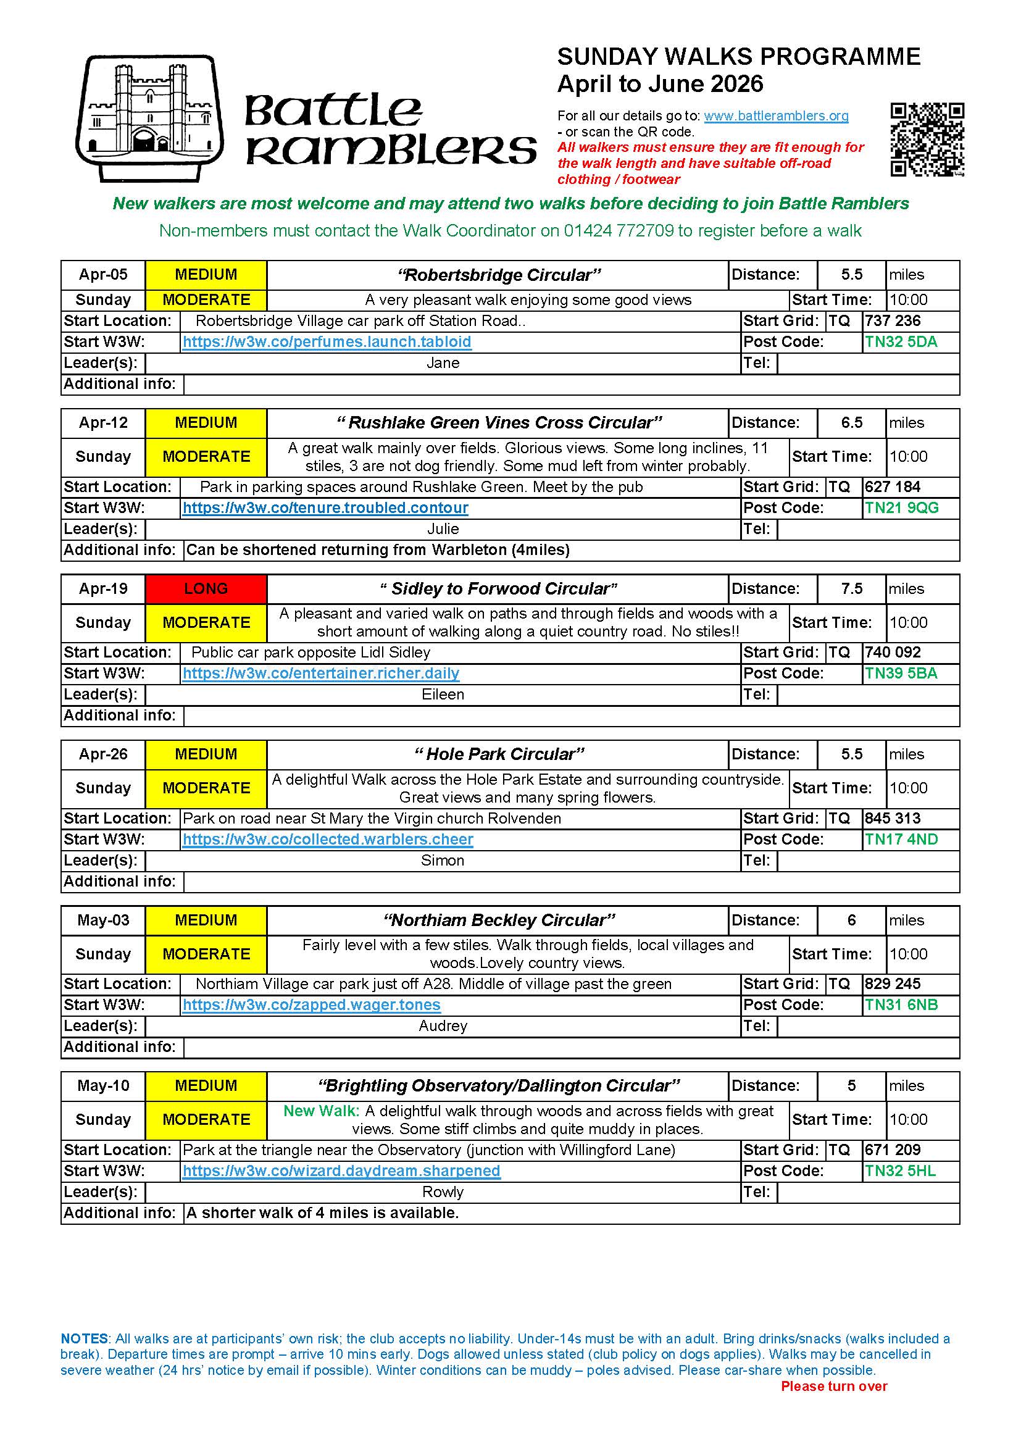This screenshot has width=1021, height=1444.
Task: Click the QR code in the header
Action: point(927,140)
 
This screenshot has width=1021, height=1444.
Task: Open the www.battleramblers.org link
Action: point(776,115)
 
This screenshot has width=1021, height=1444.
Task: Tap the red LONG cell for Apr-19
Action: point(206,589)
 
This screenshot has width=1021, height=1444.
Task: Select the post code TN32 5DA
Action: point(900,342)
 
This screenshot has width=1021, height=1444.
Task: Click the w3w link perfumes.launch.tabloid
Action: point(327,342)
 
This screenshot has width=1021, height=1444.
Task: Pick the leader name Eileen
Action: point(443,695)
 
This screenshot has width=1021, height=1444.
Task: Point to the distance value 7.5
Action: point(851,589)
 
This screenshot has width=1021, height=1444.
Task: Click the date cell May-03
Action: point(103,920)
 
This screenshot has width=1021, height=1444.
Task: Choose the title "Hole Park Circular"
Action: point(499,754)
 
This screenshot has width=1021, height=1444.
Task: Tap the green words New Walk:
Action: point(320,1111)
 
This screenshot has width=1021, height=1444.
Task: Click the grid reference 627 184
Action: point(892,486)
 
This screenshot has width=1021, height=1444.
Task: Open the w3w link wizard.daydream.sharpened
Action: point(341,1171)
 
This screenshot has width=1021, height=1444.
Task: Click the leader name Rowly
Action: point(443,1192)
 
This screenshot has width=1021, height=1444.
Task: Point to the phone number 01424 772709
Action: point(618,231)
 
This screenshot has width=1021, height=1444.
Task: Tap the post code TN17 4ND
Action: point(900,839)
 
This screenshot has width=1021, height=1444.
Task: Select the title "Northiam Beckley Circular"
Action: point(499,920)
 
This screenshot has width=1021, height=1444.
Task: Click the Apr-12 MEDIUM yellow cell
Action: point(206,423)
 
